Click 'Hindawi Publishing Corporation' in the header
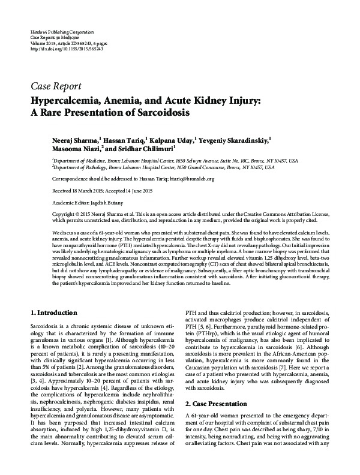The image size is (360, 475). click(61, 31)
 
